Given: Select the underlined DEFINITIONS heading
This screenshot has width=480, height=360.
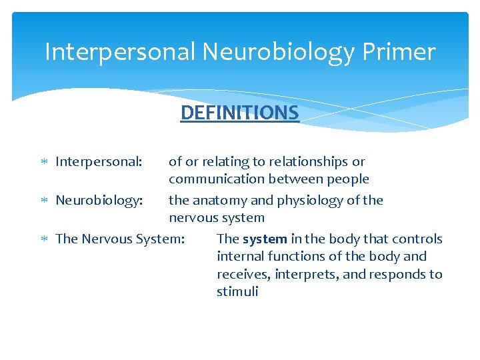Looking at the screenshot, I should pyautogui.click(x=239, y=113).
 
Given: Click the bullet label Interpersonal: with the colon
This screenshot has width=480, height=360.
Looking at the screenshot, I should pyautogui.click(x=99, y=161).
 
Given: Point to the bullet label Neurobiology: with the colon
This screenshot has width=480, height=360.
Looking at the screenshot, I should pyautogui.click(x=99, y=200).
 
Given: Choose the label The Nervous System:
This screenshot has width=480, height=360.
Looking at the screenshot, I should pyautogui.click(x=121, y=239).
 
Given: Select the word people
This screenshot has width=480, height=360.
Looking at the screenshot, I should pyautogui.click(x=347, y=179).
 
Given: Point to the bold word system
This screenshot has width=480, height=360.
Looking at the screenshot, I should pyautogui.click(x=265, y=239).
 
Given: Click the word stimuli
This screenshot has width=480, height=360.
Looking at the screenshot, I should pyautogui.click(x=237, y=291).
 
